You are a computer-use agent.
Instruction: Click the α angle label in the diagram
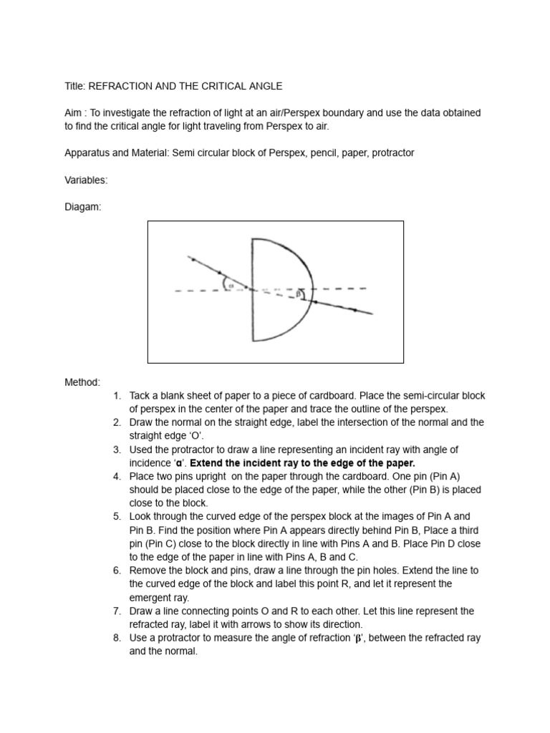[x=231, y=284]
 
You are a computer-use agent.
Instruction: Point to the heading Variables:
[x=87, y=180]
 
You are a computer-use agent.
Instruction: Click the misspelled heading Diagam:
[x=83, y=207]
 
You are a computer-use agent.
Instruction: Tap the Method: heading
[x=82, y=382]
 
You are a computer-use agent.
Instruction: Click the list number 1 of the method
[x=117, y=396]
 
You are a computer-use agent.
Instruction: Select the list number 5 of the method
[x=117, y=517]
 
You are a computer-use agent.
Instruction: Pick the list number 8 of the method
[x=117, y=639]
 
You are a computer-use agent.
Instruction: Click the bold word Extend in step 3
[x=207, y=463]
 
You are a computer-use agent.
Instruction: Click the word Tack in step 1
[x=140, y=396]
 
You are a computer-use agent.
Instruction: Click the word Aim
[x=74, y=113]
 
